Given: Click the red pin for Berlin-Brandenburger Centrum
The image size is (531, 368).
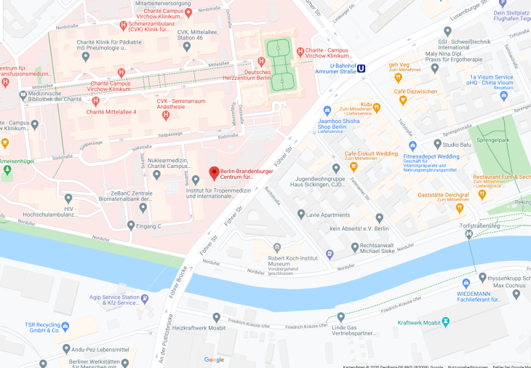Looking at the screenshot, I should [214, 173].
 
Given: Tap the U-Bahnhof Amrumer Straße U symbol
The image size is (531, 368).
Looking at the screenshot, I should [362, 69].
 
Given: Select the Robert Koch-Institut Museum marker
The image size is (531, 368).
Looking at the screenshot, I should [276, 248].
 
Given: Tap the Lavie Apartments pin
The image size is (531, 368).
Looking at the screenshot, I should [301, 215].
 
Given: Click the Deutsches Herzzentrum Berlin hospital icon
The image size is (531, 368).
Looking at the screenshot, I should [261, 63].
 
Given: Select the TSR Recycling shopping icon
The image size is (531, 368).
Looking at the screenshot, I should [65, 326].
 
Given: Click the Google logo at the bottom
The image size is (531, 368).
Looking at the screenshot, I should [214, 359].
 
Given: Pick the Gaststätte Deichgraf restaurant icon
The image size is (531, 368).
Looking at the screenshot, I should [460, 207].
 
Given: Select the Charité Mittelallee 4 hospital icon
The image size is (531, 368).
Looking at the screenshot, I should [95, 101].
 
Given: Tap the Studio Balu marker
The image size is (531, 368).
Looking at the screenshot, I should [436, 145].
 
